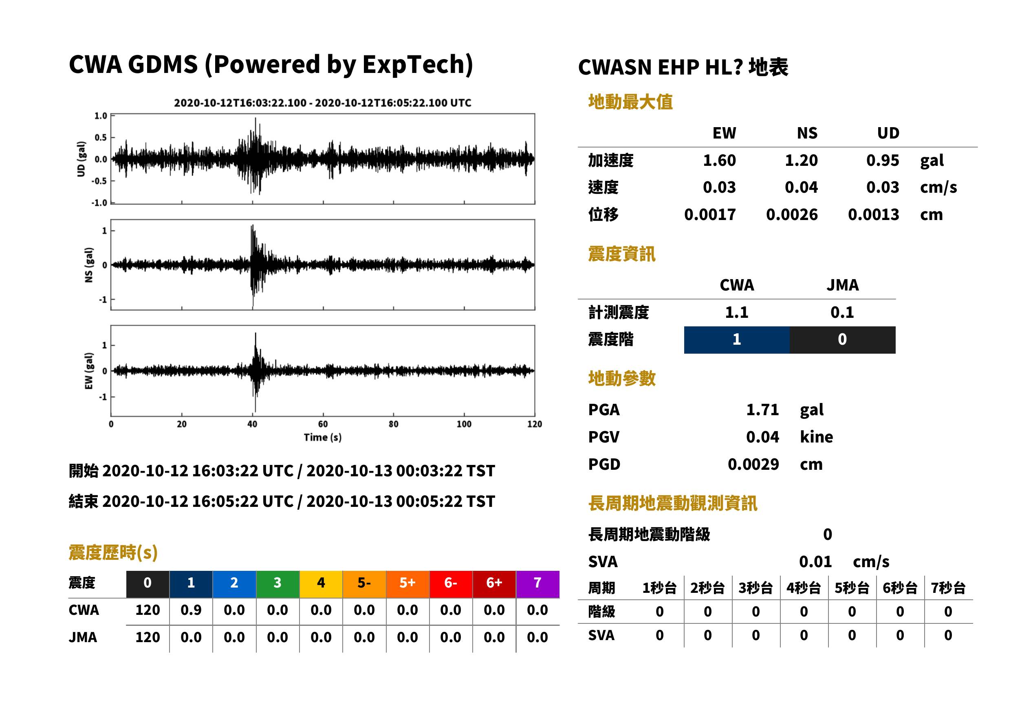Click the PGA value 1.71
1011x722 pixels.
pyautogui.click(x=762, y=409)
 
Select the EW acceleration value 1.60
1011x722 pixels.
pyautogui.click(x=719, y=161)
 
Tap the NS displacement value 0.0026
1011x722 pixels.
pyautogui.click(x=791, y=215)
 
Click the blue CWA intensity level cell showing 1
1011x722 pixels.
pyautogui.click(x=736, y=340)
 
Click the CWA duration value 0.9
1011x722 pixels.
pyautogui.click(x=191, y=610)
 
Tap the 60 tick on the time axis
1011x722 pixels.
pyautogui.click(x=323, y=424)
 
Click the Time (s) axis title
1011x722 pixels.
pyautogui.click(x=323, y=438)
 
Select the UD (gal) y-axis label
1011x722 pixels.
pyautogui.click(x=81, y=159)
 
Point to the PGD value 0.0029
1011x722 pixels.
pyautogui.click(x=753, y=464)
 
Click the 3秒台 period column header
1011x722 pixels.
pyautogui.click(x=755, y=588)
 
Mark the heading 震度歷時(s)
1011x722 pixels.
pyautogui.click(x=113, y=553)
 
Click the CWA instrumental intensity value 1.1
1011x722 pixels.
pyautogui.click(x=737, y=313)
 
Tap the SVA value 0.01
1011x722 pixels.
pyautogui.click(x=815, y=561)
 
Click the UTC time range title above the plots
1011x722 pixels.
pyautogui.click(x=323, y=103)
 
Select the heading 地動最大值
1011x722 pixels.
pyautogui.click(x=630, y=102)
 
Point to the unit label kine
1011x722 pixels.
pyautogui.click(x=816, y=437)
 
